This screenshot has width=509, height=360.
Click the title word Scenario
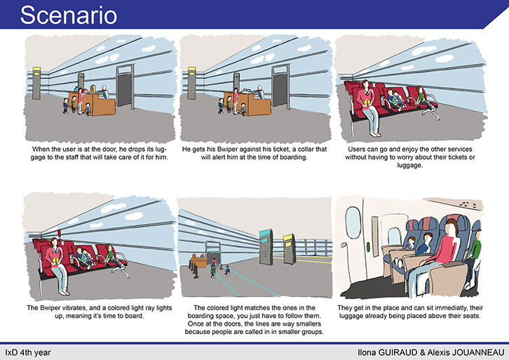(x=69, y=15)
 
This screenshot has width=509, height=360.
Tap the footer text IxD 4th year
(x=28, y=352)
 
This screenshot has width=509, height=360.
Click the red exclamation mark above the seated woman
(x=59, y=234)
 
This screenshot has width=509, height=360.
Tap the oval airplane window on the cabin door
(x=353, y=222)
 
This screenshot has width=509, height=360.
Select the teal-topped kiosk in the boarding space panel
(x=266, y=246)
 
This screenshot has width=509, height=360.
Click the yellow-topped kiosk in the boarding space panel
(x=290, y=248)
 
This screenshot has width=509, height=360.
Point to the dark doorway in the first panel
(x=125, y=87)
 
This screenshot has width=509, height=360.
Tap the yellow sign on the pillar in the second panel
(x=192, y=72)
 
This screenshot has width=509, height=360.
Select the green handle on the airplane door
(x=369, y=247)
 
